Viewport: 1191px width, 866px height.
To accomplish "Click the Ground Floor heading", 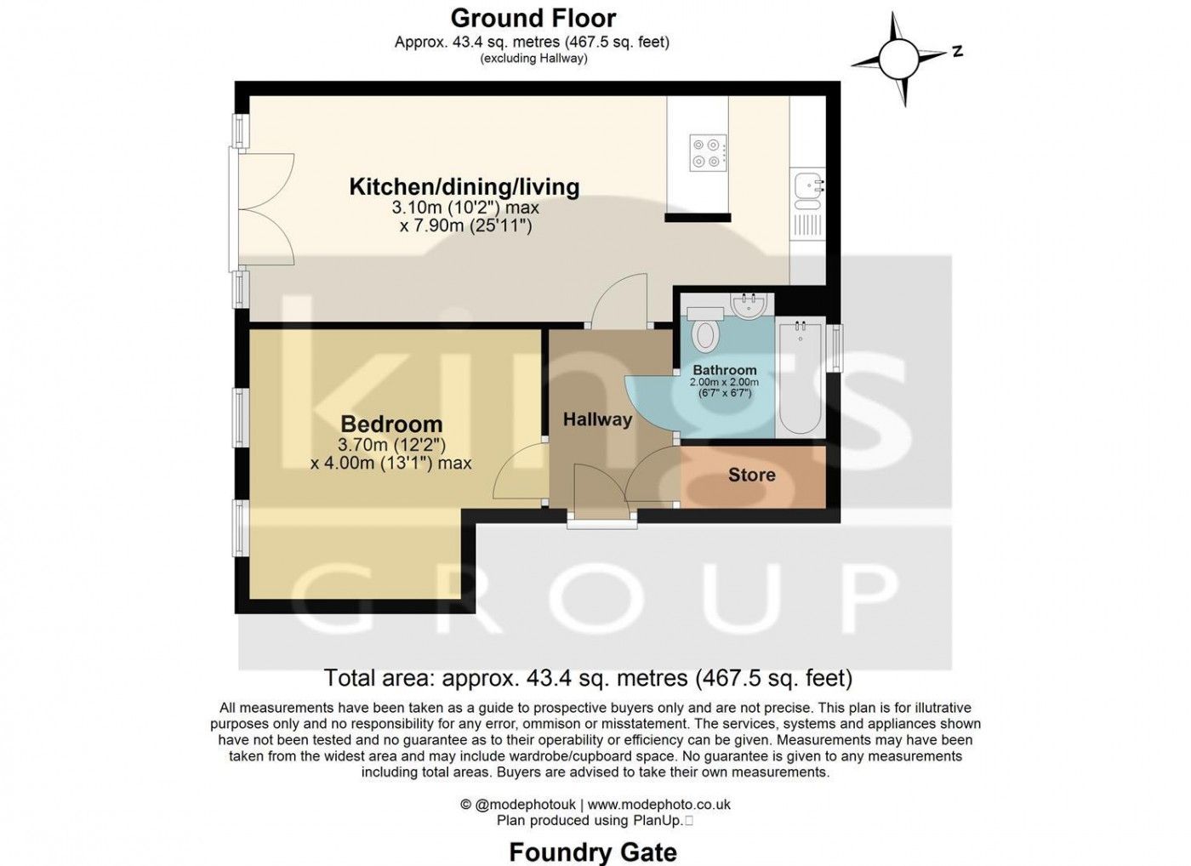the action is tap(533, 19).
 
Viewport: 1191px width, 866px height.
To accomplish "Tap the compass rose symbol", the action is tap(898, 59).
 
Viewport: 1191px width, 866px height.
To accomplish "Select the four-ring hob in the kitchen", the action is tap(708, 152).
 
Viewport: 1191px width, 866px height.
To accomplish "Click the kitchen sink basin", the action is tap(807, 186).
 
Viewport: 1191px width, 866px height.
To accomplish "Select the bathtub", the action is tap(801, 377).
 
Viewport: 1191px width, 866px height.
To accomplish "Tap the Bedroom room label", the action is tap(391, 424).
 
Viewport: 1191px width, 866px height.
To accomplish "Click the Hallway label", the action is tap(597, 419).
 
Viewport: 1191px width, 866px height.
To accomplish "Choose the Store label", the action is tap(752, 475).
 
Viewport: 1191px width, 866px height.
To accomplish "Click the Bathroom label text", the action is tap(725, 370).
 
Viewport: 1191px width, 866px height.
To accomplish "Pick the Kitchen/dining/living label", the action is tap(464, 187).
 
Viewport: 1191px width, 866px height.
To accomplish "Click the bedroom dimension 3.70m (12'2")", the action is tap(392, 444).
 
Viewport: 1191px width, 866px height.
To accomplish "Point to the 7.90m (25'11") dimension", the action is tap(466, 226).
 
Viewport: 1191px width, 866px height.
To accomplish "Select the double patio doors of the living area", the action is tap(262, 209).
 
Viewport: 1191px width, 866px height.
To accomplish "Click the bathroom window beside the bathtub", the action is tap(836, 348).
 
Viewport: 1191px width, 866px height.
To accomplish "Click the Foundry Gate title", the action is tap(593, 852).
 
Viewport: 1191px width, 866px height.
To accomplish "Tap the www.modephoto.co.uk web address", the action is tap(658, 805).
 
